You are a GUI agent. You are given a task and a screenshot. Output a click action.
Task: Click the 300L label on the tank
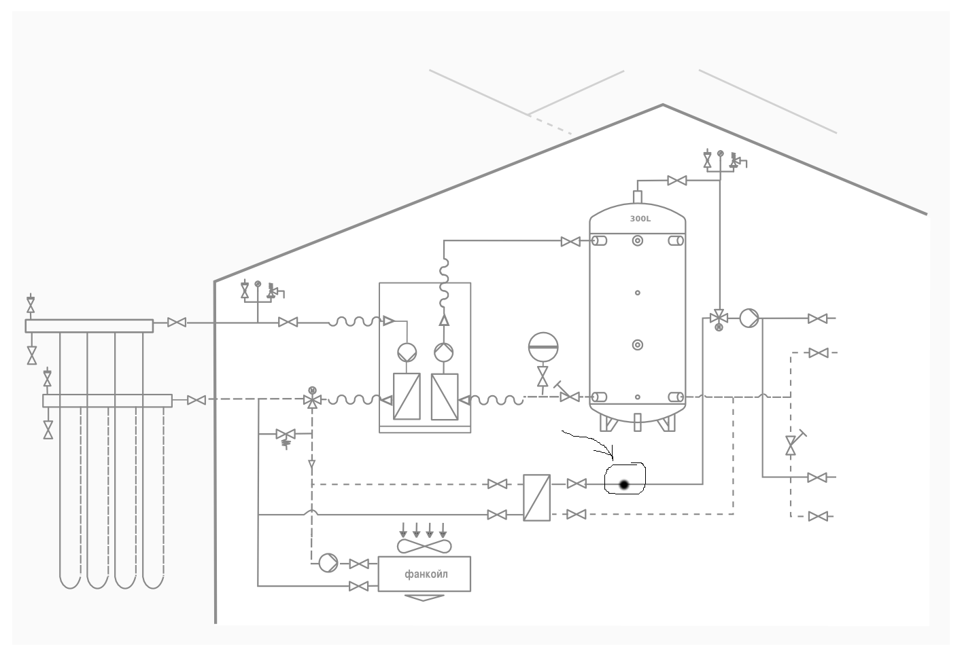[640, 219]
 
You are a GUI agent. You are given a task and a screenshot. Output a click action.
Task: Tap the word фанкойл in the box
[426, 574]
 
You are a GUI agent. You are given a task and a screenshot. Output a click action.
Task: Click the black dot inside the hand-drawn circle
[624, 486]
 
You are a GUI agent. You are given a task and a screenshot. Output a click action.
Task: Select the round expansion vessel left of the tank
[543, 347]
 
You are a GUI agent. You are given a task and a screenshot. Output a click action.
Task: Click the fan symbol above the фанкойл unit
[424, 547]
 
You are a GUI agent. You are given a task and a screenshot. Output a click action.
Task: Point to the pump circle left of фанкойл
[328, 563]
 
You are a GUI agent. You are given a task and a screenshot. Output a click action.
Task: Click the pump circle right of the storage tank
[749, 318]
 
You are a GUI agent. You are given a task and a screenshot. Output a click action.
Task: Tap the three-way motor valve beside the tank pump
[719, 319]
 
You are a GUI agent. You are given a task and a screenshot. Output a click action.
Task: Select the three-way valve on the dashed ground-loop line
[312, 399]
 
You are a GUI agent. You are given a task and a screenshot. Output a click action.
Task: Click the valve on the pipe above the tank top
[677, 181]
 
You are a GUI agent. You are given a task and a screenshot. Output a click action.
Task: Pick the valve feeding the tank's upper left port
[571, 242]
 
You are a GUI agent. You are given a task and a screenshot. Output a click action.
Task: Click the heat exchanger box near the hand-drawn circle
[537, 498]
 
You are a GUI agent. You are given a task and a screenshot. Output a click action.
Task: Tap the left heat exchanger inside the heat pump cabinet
[407, 397]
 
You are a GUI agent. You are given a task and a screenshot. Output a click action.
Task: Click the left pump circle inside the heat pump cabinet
[407, 352]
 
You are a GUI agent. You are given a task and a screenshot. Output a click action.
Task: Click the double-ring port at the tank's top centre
[638, 240]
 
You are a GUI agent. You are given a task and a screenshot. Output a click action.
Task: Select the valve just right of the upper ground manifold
[177, 323]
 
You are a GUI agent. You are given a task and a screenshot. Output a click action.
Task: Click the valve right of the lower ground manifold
[196, 400]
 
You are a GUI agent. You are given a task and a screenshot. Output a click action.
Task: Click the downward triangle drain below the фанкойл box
[424, 598]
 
